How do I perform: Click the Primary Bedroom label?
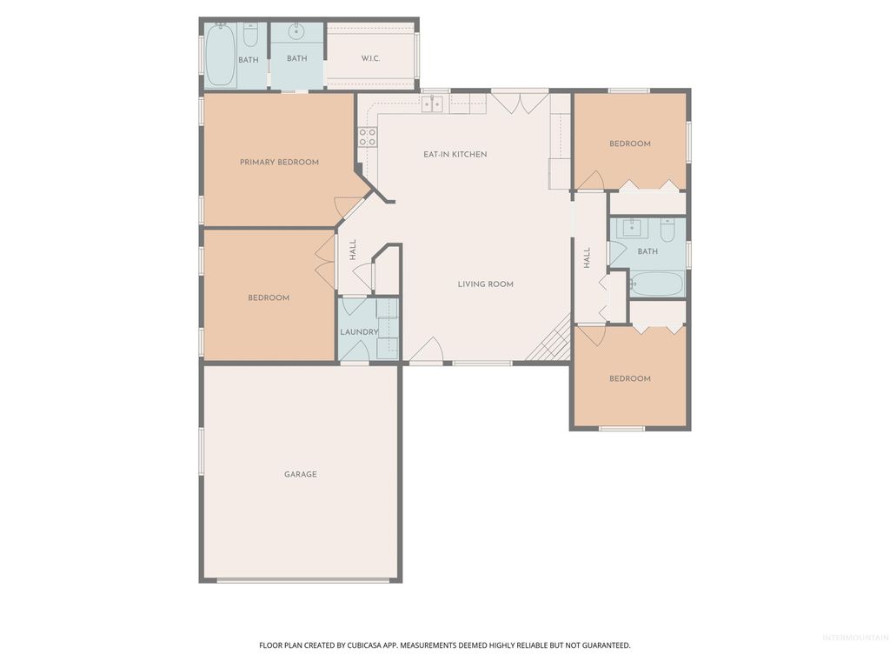coord(279,162)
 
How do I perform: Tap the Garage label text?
coord(300,474)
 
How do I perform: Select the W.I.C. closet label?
coord(371,59)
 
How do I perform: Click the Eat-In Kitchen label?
coord(455,154)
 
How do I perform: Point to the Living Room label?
coord(486,284)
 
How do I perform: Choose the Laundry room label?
coord(358,332)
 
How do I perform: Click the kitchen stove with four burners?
coord(368,137)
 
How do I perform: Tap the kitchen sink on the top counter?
coord(432,104)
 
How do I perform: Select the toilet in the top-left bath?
coord(250,36)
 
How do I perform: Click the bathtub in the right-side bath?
coord(656,284)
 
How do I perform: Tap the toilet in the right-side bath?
coord(667,230)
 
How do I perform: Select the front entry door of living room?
coord(426,351)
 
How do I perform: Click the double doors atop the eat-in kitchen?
coord(519,101)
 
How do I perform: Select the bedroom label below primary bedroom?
coord(269,297)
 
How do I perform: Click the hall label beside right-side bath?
coord(587,257)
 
